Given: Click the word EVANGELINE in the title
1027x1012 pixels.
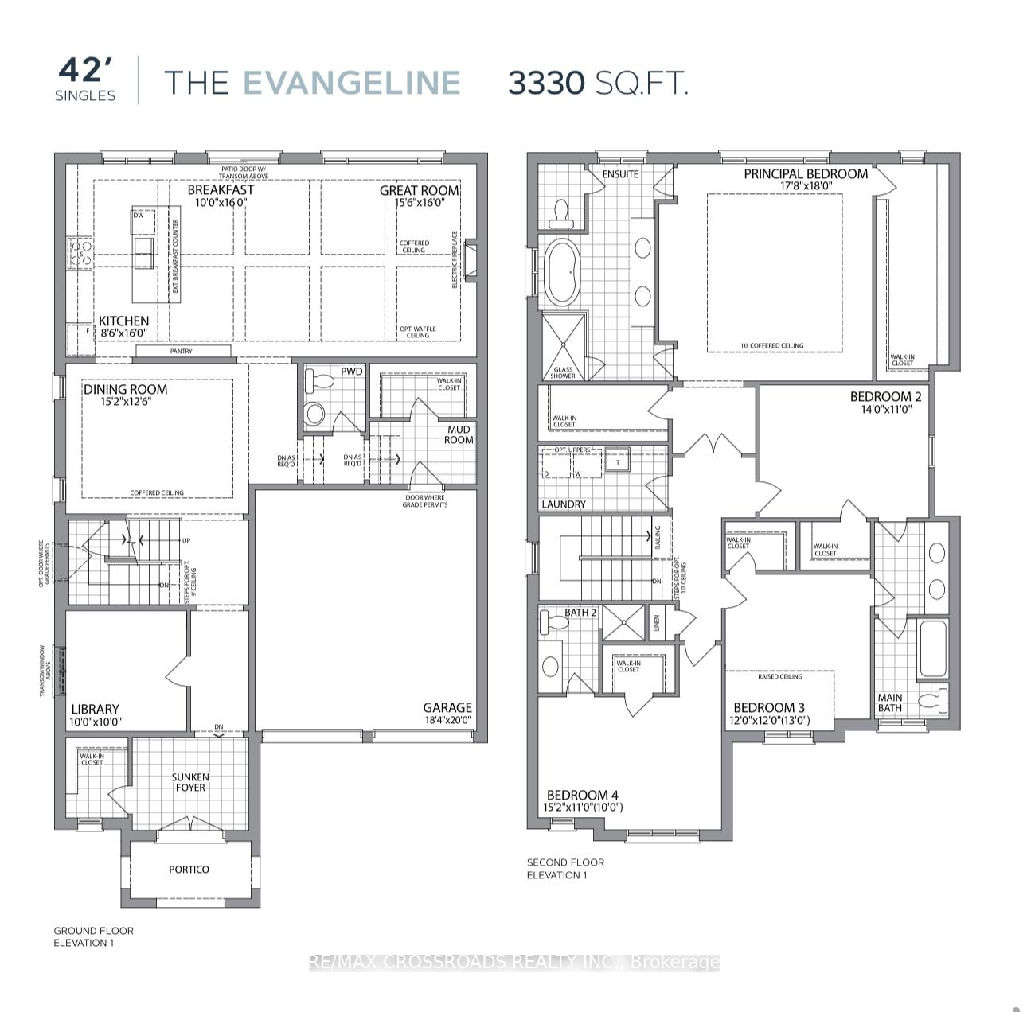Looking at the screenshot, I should pos(351,83).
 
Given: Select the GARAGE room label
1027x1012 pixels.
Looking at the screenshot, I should pos(447,707).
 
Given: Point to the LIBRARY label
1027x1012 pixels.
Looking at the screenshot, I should pos(95,709).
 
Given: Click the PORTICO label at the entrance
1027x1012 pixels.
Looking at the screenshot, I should pos(189,869).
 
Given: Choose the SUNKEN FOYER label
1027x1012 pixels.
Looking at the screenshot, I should pos(190,782).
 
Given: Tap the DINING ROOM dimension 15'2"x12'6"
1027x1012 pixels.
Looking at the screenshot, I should pos(126,402).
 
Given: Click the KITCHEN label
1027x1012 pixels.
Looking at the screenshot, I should pos(123,321).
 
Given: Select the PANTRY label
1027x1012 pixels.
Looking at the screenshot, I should pos(181,351).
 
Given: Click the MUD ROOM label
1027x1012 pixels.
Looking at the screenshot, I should pos(459,434).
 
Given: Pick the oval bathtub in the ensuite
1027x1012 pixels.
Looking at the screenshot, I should pos(564,271).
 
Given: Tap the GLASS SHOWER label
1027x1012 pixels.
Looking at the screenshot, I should pos(563,372).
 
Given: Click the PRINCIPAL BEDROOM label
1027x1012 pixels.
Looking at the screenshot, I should pos(806,173).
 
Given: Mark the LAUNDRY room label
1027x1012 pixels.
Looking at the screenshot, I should pos(563,504).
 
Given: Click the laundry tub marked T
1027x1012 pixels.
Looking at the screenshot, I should pos(617,461).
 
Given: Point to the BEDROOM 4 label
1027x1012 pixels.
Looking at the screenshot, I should pos(582,795).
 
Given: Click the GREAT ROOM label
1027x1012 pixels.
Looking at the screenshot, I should pos(419,190).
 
